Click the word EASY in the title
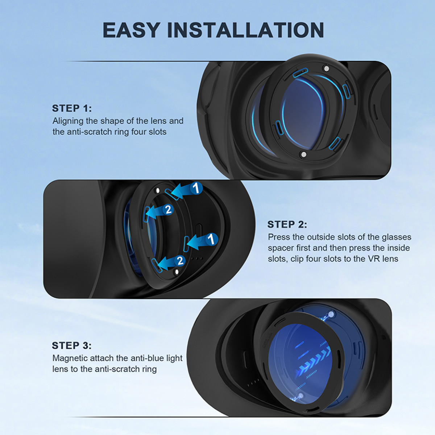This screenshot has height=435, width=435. [131, 30]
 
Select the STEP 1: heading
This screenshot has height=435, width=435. [72, 108]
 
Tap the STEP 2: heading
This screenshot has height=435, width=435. [287, 224]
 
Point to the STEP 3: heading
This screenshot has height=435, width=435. [72, 345]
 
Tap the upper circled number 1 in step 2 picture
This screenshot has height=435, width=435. [196, 188]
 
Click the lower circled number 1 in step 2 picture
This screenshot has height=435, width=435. [211, 239]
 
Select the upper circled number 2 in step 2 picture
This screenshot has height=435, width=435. [168, 210]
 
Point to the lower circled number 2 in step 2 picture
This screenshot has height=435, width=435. [180, 261]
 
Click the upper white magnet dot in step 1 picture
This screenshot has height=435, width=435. [326, 68]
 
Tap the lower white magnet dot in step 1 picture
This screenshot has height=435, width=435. [304, 154]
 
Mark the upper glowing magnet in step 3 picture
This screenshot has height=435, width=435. [331, 314]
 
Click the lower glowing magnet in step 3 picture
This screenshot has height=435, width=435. [300, 395]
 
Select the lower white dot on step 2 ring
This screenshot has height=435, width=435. [177, 272]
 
